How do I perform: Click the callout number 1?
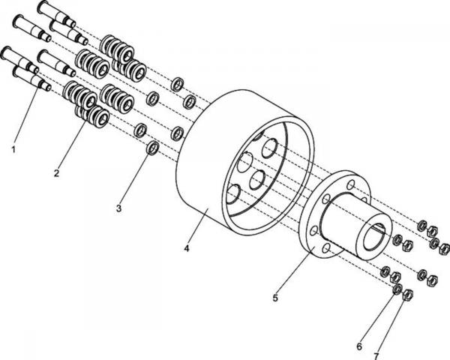pos(13,149)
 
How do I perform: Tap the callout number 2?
pos(56,173)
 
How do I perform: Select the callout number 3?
pos(118,208)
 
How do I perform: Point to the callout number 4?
pos(187,248)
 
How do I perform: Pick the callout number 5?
pos(275,298)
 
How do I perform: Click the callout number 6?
pos(359,346)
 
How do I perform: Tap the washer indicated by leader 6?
pos(397,289)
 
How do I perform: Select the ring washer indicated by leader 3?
pos(152,148)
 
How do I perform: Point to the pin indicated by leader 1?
pos(31,77)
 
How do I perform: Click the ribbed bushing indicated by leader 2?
pos(91,116)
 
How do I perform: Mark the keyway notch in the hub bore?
pos(378,227)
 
